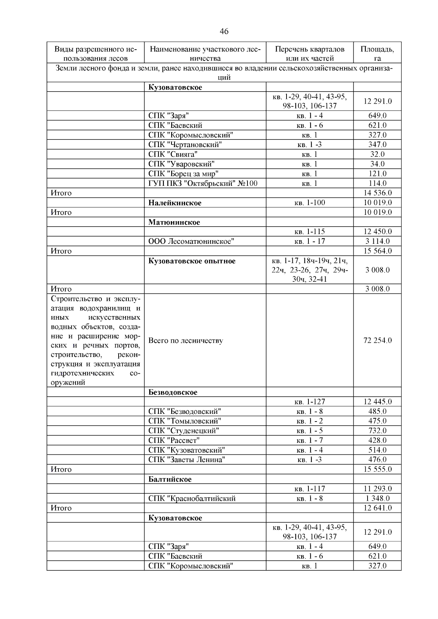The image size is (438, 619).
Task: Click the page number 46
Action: (x=224, y=32)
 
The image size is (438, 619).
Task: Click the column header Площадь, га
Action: (x=377, y=53)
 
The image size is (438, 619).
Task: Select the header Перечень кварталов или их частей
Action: (x=310, y=53)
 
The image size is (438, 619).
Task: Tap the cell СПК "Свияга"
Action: (x=173, y=154)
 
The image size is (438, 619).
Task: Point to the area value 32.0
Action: (x=377, y=154)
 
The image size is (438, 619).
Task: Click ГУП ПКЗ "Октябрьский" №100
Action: (x=203, y=183)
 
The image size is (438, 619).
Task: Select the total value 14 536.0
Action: (x=377, y=193)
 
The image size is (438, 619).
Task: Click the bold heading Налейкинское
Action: (x=175, y=203)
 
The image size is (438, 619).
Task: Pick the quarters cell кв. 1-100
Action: (x=310, y=203)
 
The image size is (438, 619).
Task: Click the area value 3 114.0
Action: (x=377, y=241)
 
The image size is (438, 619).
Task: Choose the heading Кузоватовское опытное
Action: (x=192, y=261)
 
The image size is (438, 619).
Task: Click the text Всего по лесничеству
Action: (x=186, y=341)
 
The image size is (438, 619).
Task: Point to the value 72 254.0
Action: (x=377, y=341)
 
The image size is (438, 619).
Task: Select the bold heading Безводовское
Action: (x=173, y=392)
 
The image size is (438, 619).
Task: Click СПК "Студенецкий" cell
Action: (x=184, y=431)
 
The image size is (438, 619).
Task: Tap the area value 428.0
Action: (x=377, y=441)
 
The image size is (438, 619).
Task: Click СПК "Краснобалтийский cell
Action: (x=192, y=499)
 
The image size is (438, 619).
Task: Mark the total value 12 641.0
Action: (x=377, y=508)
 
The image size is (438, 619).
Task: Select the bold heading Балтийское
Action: (x=170, y=479)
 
